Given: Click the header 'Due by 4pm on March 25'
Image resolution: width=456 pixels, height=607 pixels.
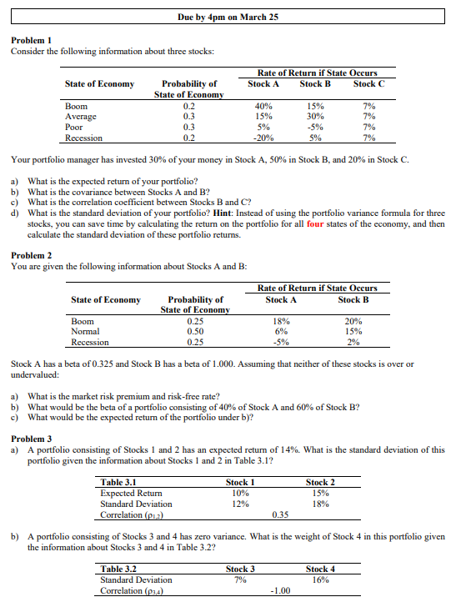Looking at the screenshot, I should click(228, 17).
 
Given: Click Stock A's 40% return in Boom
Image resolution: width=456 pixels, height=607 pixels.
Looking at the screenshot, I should click(264, 107).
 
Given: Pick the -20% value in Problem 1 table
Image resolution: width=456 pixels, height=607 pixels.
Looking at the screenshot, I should click(263, 138).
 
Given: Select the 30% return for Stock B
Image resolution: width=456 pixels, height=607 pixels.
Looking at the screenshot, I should click(315, 118).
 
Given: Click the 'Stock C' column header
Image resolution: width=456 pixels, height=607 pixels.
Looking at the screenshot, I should click(369, 83).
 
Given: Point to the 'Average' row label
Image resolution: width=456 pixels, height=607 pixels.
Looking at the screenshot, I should click(81, 118).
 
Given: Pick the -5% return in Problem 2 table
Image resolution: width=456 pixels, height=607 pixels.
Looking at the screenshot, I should click(280, 342).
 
